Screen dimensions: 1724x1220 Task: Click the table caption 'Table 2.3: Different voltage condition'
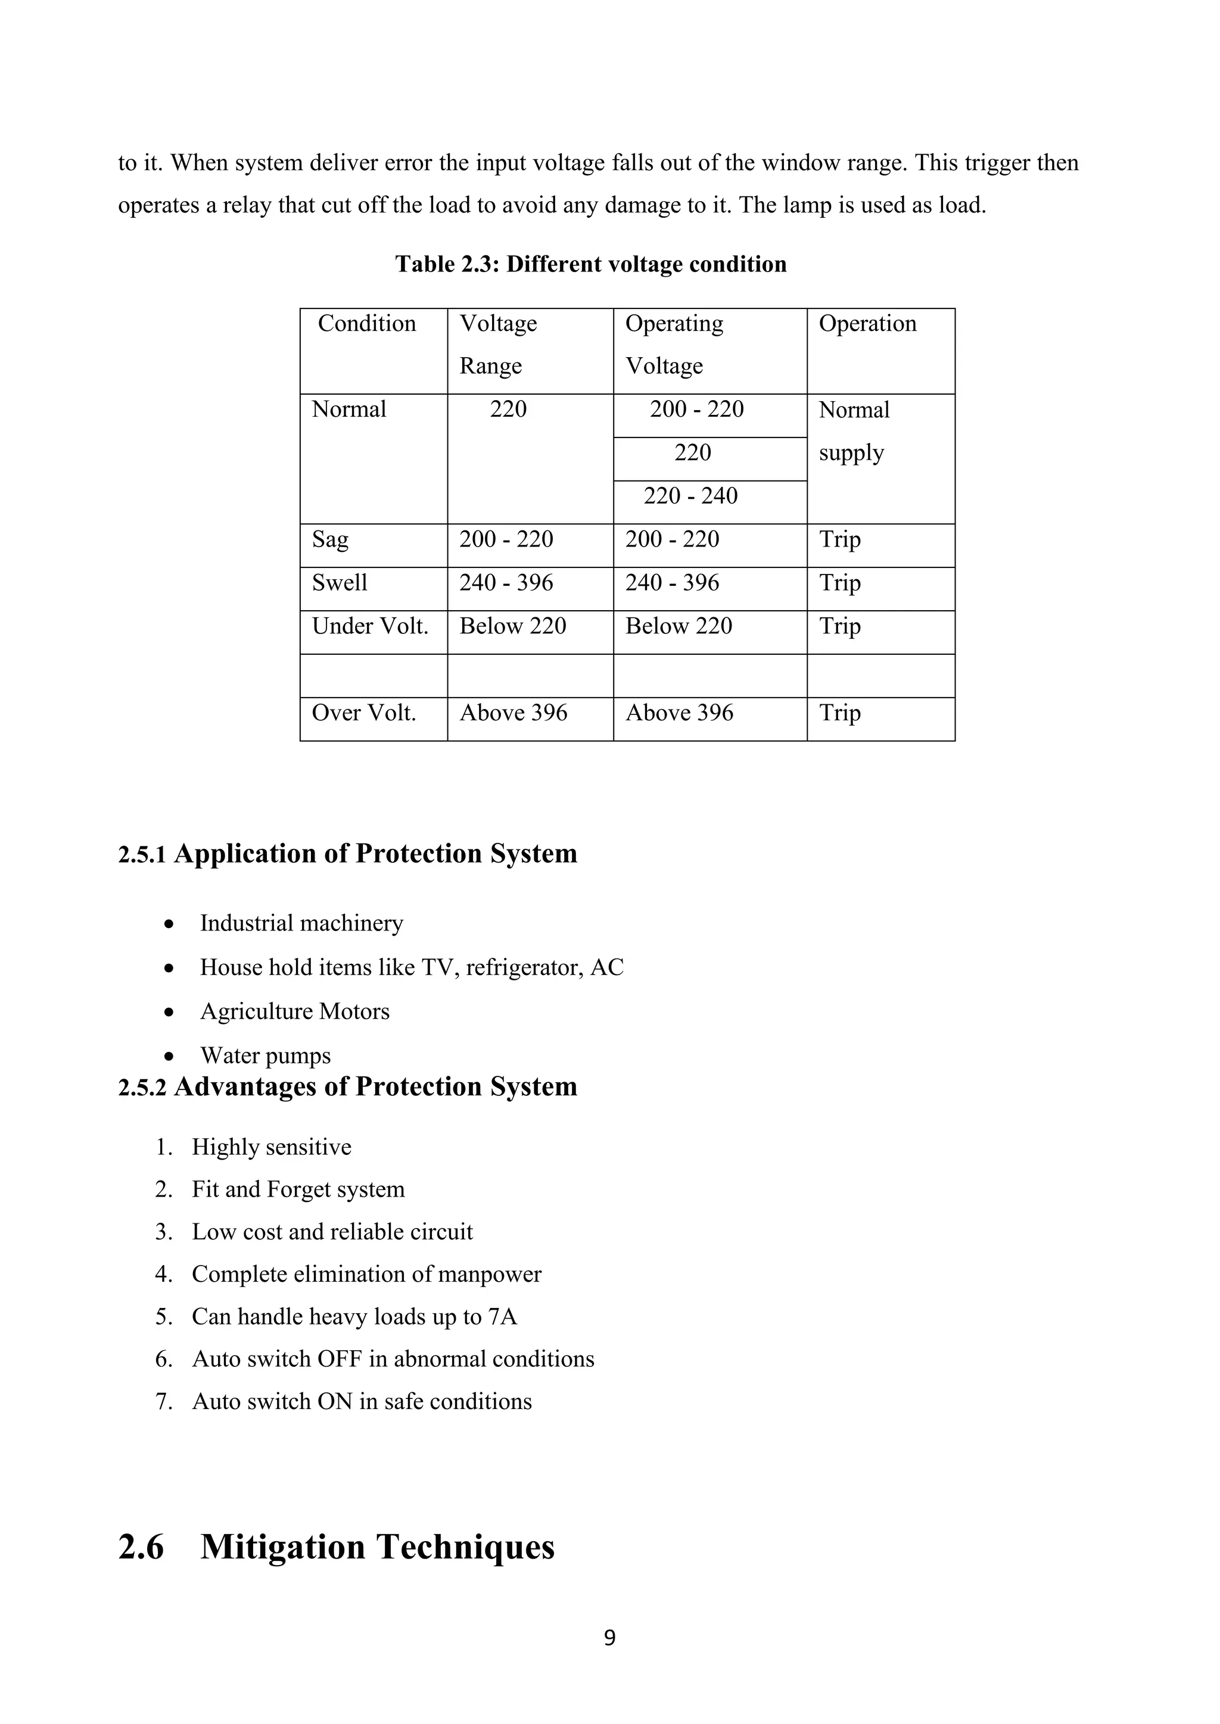(x=590, y=264)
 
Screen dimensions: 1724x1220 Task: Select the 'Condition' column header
(x=366, y=324)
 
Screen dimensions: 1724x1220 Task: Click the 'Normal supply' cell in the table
(x=854, y=431)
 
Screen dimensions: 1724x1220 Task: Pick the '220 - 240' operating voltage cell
(x=690, y=495)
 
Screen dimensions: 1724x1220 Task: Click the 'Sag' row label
(x=331, y=540)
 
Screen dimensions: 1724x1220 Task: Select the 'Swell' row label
(x=340, y=583)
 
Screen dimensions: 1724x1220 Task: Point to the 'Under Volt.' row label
(x=369, y=626)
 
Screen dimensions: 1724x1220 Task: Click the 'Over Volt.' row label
(x=363, y=713)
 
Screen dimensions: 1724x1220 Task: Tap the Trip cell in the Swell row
(x=839, y=583)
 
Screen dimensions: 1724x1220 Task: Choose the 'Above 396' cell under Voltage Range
(x=513, y=713)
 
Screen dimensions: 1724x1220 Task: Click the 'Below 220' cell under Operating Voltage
(x=679, y=626)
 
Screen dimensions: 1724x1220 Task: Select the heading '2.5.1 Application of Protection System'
(x=347, y=854)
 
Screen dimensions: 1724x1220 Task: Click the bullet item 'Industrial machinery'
(x=301, y=923)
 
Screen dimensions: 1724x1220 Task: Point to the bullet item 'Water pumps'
(x=265, y=1055)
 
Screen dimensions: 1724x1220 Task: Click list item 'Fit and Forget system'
(x=298, y=1189)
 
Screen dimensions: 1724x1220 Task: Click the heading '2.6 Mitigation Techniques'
(x=337, y=1547)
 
